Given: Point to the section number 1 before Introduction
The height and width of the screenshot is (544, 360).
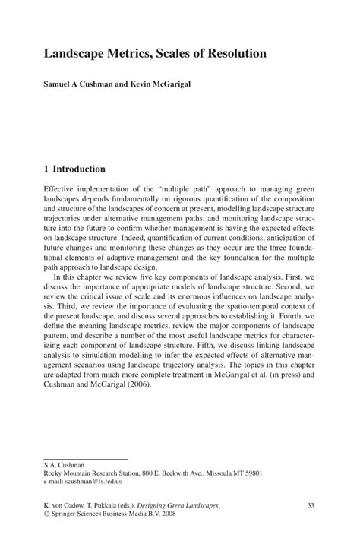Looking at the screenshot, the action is [46, 169].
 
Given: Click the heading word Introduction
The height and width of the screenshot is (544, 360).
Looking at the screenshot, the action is [79, 169].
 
